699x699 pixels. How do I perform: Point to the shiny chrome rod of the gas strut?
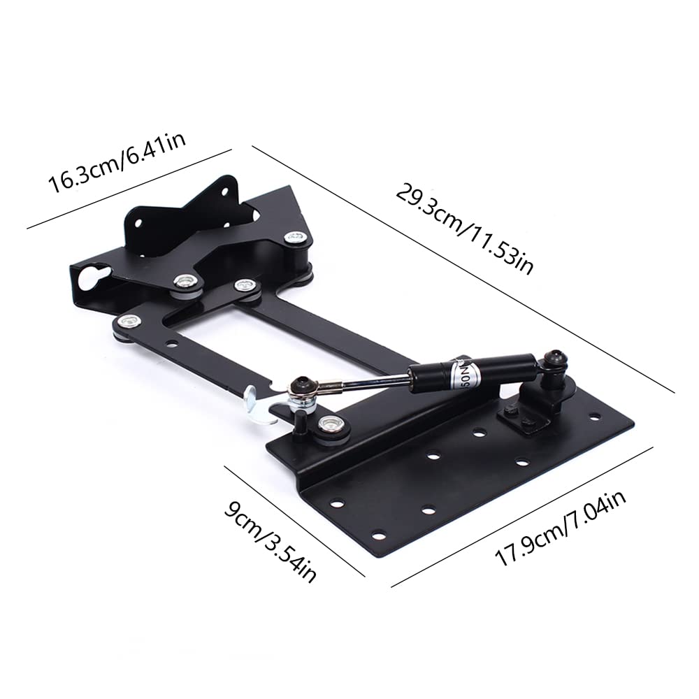(x=370, y=381)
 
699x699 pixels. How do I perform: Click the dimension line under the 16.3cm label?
(x=129, y=189)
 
